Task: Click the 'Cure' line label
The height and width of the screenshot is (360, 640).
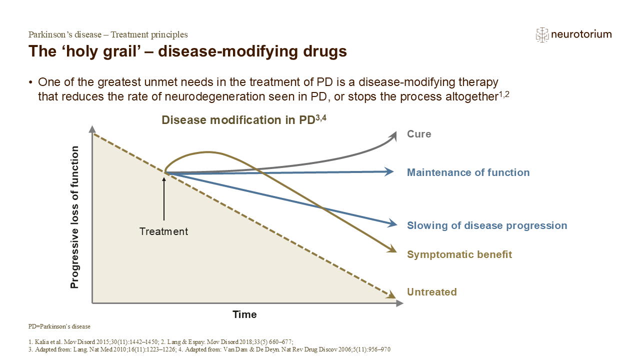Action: coord(419,134)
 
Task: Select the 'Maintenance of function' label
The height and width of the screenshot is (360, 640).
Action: coord(468,172)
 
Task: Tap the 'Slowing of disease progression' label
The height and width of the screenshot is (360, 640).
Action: coord(487,225)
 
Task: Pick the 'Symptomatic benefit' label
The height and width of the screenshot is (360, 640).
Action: coord(459,254)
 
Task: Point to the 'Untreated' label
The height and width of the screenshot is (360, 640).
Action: coord(432,292)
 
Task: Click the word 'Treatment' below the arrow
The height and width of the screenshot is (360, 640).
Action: coord(164,231)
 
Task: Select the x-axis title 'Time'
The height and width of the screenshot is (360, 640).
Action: coord(244,314)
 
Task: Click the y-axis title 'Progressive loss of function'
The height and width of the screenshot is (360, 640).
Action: coord(75,217)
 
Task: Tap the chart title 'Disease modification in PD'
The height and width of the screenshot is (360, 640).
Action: coord(240,120)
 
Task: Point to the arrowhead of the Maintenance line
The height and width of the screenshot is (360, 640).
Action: coord(389,172)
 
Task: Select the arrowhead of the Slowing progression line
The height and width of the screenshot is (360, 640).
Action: coord(390,223)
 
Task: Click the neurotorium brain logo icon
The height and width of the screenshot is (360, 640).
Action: coord(542,34)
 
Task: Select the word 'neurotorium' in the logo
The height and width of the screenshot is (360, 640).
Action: coord(581,34)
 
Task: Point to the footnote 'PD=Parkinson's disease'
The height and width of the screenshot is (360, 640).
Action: coord(59,326)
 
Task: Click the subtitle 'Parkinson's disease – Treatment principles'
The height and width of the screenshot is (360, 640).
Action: coord(108,34)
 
